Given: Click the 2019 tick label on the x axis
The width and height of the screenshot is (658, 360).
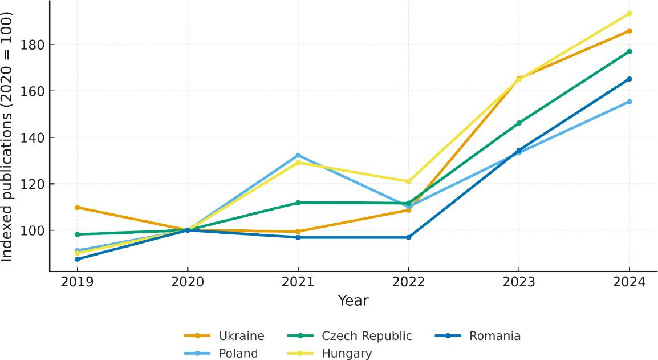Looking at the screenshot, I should tap(77, 282).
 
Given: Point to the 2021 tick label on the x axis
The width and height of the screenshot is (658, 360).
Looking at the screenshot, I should tap(298, 282).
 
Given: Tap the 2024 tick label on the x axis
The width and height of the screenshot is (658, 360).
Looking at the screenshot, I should tap(629, 282).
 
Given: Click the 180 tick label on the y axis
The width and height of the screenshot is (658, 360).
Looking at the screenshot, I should tap(30, 45).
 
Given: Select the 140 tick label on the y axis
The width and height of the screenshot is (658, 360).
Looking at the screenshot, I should tap(30, 137).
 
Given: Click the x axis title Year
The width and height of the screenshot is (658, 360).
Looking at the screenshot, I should tap(353, 300).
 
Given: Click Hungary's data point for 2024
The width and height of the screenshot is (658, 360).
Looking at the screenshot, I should tap(629, 14).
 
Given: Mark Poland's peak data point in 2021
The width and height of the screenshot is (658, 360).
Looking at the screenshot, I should tap(298, 156).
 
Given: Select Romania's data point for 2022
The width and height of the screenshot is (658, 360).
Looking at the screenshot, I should tap(408, 237).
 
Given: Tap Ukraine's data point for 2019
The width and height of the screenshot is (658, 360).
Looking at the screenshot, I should tap(77, 208).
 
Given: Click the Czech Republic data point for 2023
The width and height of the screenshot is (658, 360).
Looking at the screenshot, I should tap(518, 123).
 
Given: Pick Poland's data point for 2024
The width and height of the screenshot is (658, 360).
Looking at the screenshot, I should tap(629, 102).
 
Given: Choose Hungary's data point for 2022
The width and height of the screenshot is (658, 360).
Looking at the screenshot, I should tap(408, 181).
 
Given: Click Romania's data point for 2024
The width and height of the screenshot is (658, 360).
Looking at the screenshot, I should tap(629, 79).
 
